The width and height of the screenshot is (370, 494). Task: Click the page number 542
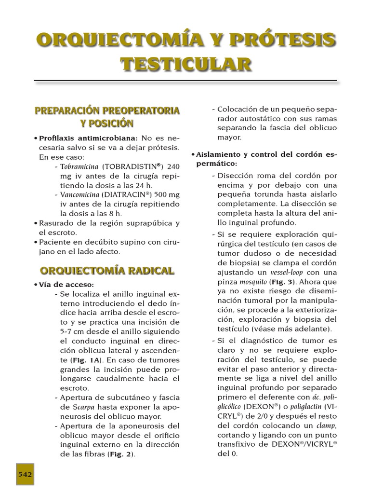(x=25, y=474)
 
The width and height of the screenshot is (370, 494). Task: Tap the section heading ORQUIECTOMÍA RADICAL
(x=107, y=270)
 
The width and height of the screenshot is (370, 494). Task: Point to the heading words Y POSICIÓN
(x=106, y=123)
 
